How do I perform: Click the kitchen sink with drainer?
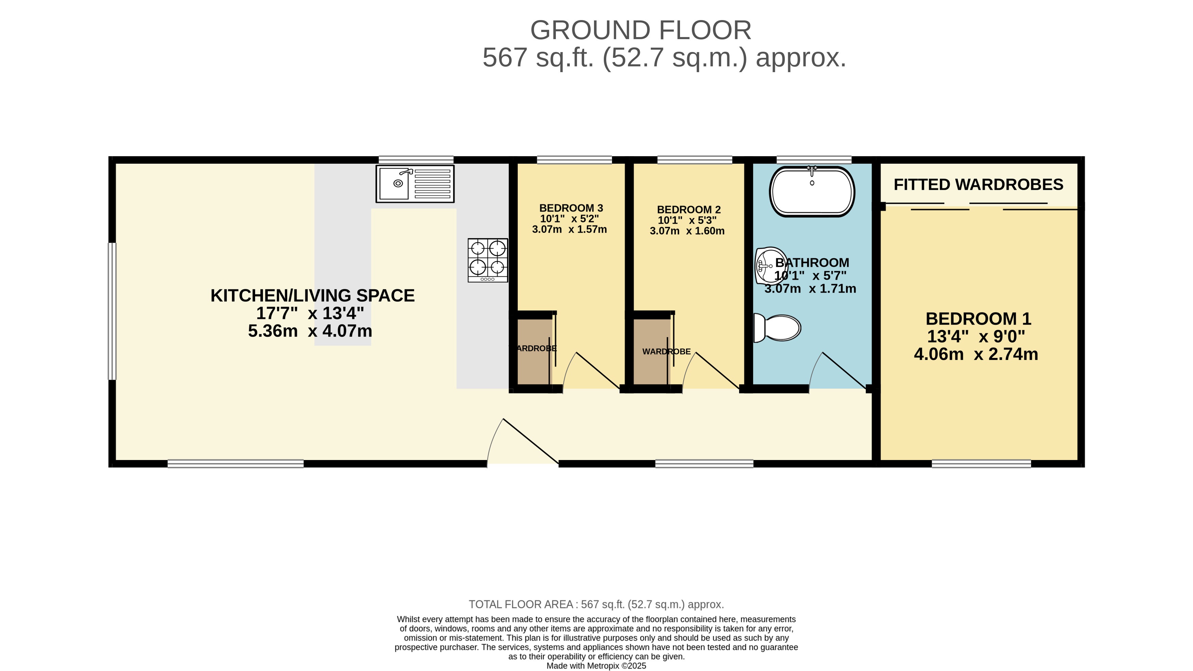tap(415, 184)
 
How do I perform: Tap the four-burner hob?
tap(488, 260)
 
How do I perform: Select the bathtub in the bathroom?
tap(812, 191)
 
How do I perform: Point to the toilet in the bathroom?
tap(777, 328)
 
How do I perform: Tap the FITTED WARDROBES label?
tap(978, 184)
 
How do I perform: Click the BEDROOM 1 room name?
tap(978, 319)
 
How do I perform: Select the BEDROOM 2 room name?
tap(689, 210)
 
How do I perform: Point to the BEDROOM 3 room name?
tap(571, 208)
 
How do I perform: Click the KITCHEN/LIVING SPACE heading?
tap(313, 296)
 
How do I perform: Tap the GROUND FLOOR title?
tap(641, 30)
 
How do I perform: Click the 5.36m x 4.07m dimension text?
tap(310, 331)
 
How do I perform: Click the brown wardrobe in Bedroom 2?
tap(652, 352)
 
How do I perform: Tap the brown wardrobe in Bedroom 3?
tap(534, 352)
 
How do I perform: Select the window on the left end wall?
tap(112, 311)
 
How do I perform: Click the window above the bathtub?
tap(814, 160)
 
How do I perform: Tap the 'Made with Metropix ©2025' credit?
tap(596, 666)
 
